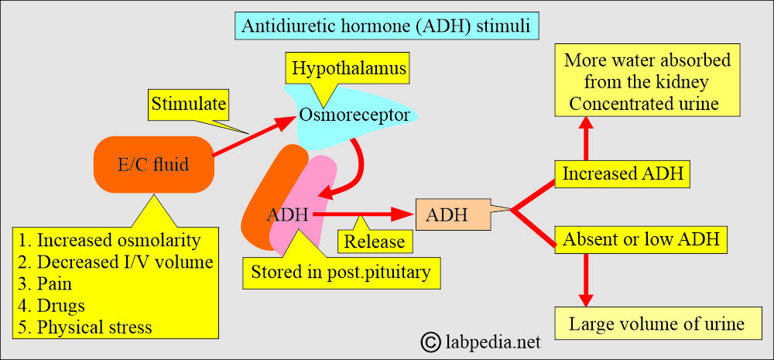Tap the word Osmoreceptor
(354, 115)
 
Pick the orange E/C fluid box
(153, 164)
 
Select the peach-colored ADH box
(453, 214)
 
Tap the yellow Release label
(374, 242)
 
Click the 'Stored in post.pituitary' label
(341, 272)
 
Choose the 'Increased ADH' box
(622, 174)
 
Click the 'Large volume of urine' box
(656, 324)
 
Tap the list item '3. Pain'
(46, 284)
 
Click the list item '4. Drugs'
(52, 305)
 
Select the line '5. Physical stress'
(85, 327)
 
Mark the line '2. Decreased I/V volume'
(116, 262)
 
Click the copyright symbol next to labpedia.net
(430, 341)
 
